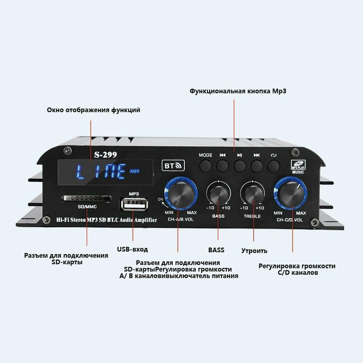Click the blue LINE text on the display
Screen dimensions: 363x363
point(101,171)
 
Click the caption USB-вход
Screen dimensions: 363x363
point(132,249)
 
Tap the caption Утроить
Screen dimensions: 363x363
point(254,250)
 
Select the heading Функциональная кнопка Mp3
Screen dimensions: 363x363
point(238,91)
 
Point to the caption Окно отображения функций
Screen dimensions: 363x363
point(93,110)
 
